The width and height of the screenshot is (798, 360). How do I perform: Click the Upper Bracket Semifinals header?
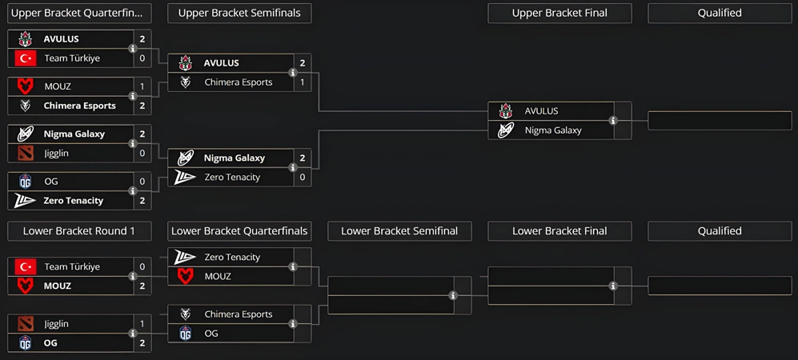pos(239,13)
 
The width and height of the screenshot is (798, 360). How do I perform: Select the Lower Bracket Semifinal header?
pos(399,231)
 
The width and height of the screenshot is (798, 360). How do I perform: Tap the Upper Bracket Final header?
pos(559,13)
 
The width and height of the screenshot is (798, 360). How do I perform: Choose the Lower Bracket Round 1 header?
pos(79,231)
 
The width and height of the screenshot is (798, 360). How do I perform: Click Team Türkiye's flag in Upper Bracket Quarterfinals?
pos(26,58)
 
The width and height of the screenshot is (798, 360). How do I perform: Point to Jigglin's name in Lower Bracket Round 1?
pos(56,324)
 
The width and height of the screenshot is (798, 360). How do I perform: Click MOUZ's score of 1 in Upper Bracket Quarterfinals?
pos(142,86)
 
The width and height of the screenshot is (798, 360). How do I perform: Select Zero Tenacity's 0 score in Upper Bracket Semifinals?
pos(303,177)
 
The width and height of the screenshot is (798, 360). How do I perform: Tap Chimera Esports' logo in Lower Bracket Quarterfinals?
pos(186,314)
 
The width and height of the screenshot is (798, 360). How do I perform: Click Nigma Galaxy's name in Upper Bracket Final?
pos(553,130)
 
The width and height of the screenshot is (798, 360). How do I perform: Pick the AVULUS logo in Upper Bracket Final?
pos(506,111)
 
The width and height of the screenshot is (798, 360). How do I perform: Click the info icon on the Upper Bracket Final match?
pos(613,121)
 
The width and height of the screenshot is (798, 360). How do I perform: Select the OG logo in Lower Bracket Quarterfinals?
pos(186,334)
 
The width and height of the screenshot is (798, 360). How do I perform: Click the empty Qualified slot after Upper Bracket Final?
pos(720,121)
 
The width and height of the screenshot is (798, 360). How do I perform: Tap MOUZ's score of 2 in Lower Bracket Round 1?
pos(142,286)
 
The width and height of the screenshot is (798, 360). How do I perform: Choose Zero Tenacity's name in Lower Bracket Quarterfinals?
pos(232,257)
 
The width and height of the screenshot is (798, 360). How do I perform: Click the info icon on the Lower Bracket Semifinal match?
pos(453,295)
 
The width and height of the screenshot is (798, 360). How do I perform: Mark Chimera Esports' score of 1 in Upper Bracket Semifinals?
pos(303,82)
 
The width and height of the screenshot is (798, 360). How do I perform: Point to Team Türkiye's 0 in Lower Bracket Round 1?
pos(142,266)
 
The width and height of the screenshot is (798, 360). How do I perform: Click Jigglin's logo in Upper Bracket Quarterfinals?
pos(26,153)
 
